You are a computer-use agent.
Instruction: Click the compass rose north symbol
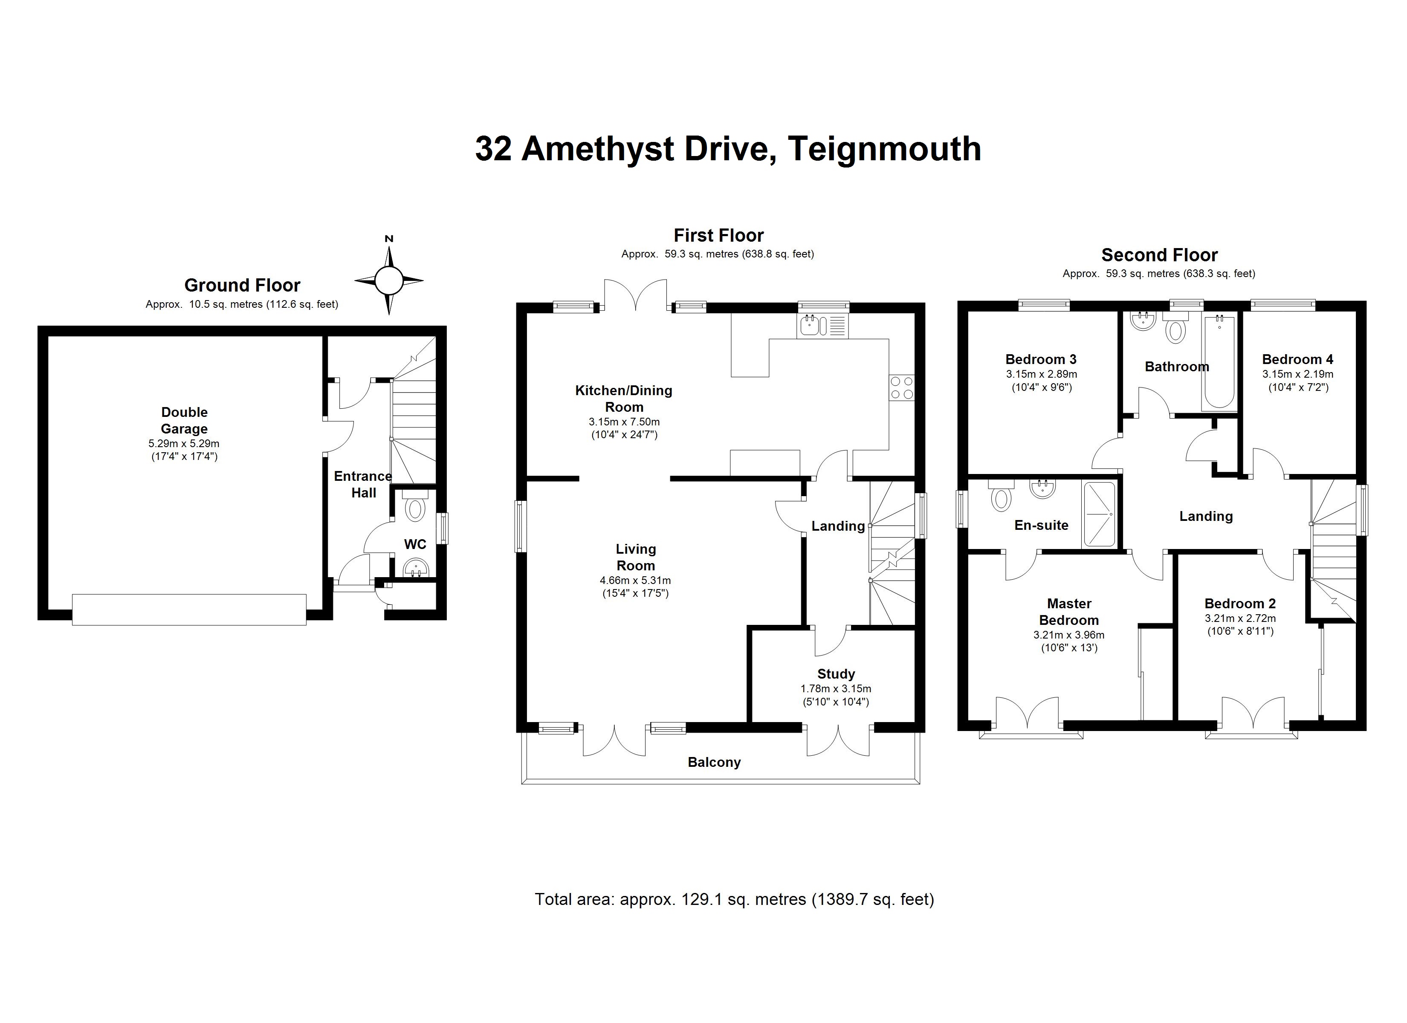coord(389,280)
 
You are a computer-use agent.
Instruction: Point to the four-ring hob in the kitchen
coord(901,388)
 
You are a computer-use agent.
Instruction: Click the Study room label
coord(836,674)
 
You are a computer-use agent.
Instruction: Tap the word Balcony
coord(714,762)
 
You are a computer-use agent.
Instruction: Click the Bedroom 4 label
coord(1297,359)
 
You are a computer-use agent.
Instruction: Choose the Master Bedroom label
coord(1069,612)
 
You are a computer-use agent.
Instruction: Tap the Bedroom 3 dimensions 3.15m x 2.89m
coord(1041,374)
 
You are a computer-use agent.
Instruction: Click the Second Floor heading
coord(1159,255)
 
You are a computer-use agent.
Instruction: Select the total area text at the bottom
coord(734,899)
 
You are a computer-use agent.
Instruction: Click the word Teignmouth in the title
coord(884,149)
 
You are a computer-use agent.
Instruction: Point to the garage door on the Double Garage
coord(189,609)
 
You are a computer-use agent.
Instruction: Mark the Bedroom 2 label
coord(1239,603)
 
